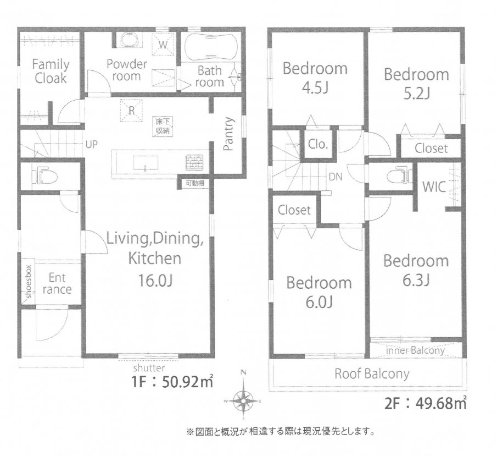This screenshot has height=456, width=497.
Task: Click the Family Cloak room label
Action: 51,71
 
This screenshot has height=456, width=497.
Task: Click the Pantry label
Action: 228,133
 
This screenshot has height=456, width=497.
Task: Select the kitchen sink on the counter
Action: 144,163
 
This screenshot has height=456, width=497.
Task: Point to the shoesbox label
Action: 27,281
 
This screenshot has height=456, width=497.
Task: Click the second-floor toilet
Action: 399,175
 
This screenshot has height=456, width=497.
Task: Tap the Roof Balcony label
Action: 372,374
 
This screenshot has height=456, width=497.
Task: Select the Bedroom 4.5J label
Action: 315,78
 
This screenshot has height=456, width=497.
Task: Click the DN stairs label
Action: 336,177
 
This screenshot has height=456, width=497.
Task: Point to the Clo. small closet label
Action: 318,145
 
